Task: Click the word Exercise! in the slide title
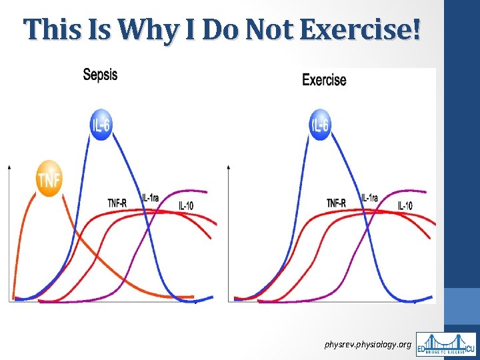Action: click(x=361, y=30)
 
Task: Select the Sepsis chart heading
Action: click(x=100, y=75)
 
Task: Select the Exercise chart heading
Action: click(x=324, y=80)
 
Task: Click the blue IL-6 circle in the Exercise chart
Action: click(x=320, y=125)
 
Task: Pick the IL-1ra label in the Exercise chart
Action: click(x=369, y=198)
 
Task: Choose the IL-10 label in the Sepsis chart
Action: click(x=186, y=206)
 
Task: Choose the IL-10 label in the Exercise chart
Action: click(x=405, y=206)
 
